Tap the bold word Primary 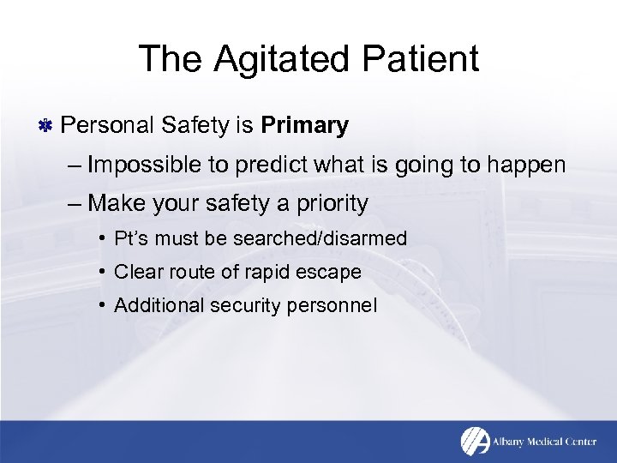coord(305,126)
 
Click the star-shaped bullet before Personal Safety coord(46,127)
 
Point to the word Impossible coord(143,164)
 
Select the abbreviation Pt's coord(131,238)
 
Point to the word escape coord(331,272)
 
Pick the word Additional coord(153,304)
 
